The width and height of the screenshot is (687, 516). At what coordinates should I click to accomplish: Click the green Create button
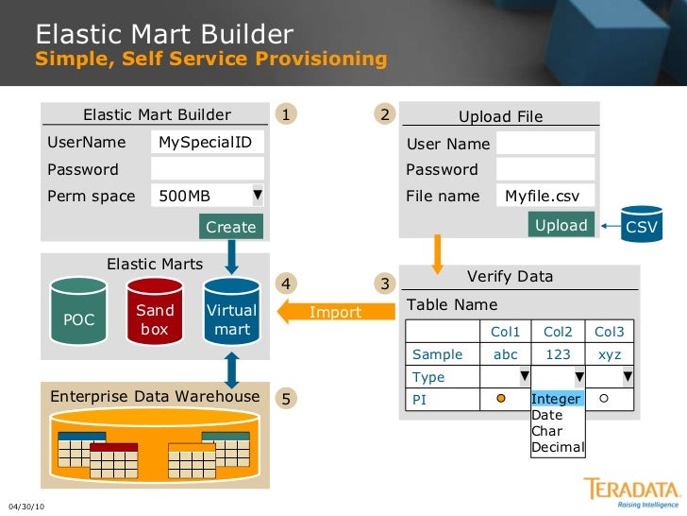[x=230, y=227]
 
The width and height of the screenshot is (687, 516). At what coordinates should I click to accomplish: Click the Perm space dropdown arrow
[x=258, y=196]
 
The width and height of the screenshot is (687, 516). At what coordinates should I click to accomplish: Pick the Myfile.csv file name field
[x=545, y=196]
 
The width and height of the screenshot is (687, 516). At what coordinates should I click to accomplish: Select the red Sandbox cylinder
[x=155, y=318]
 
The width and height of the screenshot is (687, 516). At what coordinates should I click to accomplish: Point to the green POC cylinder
[x=78, y=318]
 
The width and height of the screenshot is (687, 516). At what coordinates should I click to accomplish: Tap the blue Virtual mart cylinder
[x=231, y=318]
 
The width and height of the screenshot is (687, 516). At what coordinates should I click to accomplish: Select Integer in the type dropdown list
[x=556, y=399]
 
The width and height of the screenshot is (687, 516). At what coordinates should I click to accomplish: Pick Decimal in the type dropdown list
[x=558, y=447]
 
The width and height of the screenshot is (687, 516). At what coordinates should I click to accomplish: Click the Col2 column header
[x=558, y=332]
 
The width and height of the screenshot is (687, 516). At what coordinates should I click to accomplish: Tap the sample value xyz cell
[x=610, y=354]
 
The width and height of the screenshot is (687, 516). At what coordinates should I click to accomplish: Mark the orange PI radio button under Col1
[x=501, y=399]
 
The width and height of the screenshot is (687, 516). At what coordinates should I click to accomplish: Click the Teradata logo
[x=631, y=491]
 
